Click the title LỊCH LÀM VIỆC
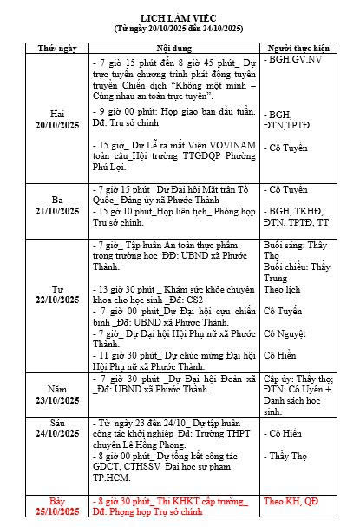(179, 17)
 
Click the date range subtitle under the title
(179, 29)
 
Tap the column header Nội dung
(174, 48)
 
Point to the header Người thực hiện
(298, 48)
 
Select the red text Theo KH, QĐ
(290, 501)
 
